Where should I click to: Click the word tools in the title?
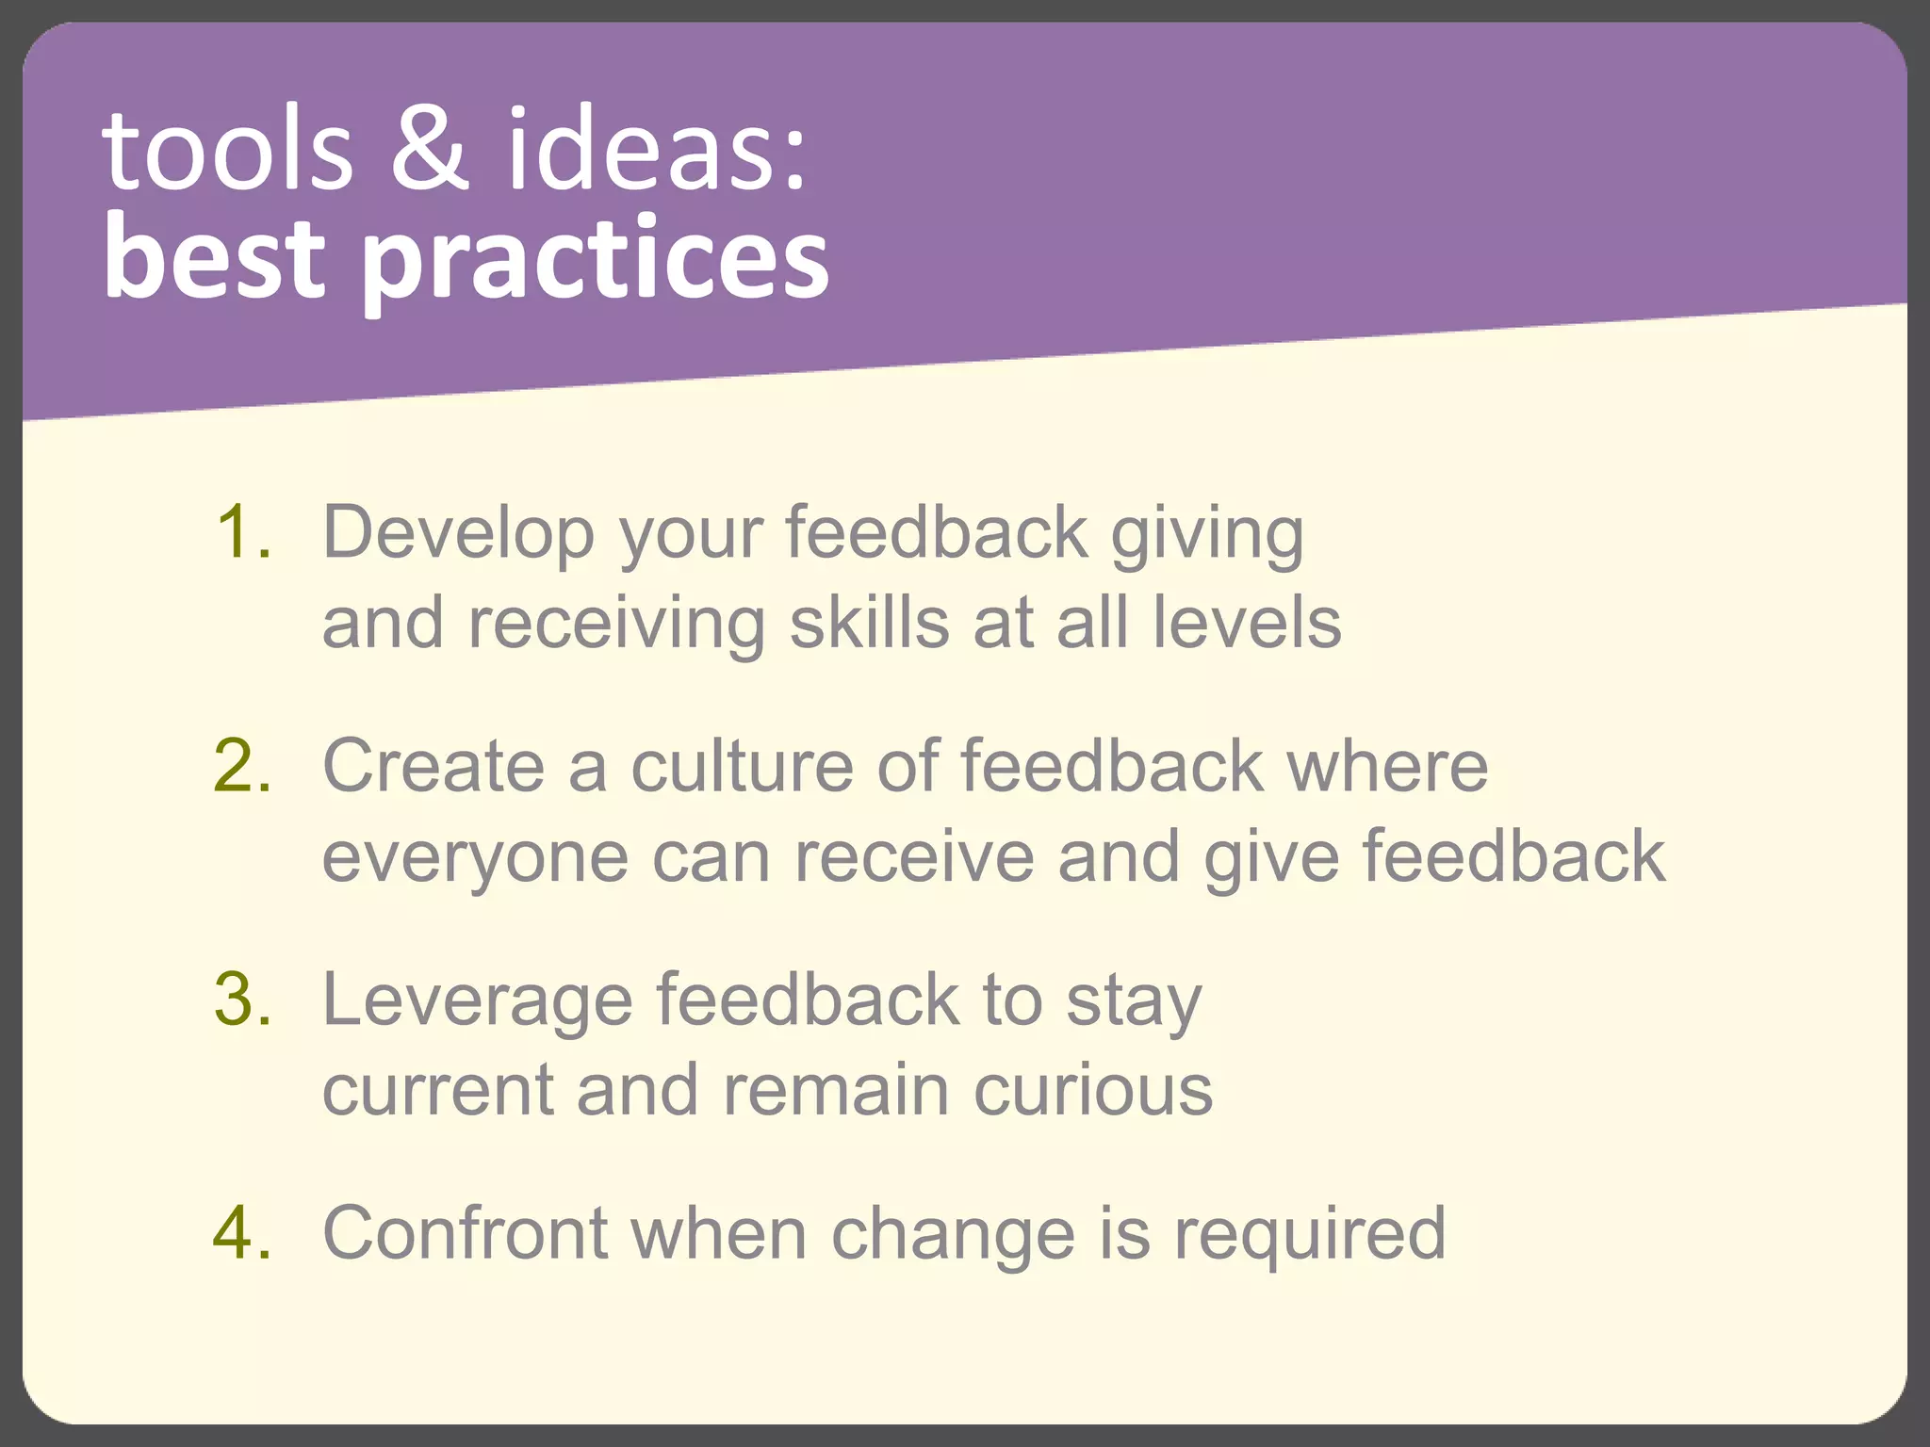click(226, 151)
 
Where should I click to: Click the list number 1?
click(242, 533)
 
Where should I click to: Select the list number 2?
click(242, 766)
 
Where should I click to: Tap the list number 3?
click(242, 1000)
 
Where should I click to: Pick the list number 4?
click(242, 1232)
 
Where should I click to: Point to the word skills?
click(869, 624)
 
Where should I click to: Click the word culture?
click(742, 766)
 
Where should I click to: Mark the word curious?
click(1093, 1091)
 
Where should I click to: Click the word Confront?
click(465, 1232)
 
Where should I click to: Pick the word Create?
click(433, 766)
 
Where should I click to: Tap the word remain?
click(835, 1091)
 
